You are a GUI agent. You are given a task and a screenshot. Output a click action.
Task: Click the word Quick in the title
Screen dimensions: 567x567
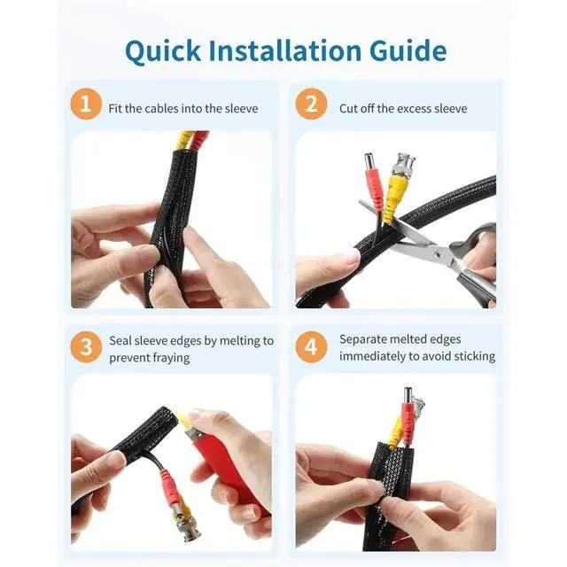(x=163, y=51)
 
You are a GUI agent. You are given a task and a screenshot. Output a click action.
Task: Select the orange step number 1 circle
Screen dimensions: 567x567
(x=86, y=104)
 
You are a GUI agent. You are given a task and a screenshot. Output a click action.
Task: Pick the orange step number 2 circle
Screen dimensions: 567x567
(x=311, y=104)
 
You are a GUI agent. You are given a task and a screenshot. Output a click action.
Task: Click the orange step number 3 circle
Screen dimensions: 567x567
(x=86, y=346)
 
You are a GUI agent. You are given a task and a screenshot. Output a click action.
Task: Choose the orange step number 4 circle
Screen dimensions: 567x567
(x=311, y=346)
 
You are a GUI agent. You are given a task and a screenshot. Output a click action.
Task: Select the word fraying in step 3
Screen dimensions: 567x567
(x=171, y=358)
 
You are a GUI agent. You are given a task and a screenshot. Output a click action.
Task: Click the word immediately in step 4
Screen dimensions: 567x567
(x=372, y=356)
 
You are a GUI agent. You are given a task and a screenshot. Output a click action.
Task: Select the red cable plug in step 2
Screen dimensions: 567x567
(x=374, y=187)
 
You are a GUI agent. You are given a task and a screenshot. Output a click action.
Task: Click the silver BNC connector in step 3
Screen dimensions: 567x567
(x=185, y=526)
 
